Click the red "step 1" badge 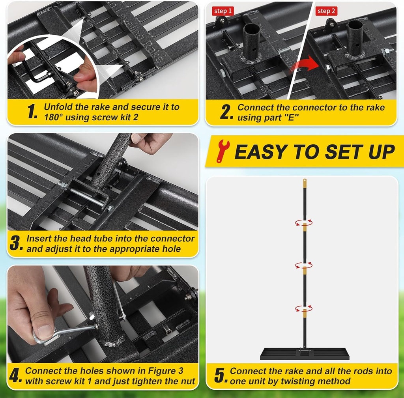[223, 11]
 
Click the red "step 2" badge [326, 11]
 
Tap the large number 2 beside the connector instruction [226, 112]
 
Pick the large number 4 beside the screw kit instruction [15, 376]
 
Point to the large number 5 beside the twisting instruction [220, 376]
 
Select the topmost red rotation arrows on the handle [304, 222]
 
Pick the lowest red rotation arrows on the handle [304, 308]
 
